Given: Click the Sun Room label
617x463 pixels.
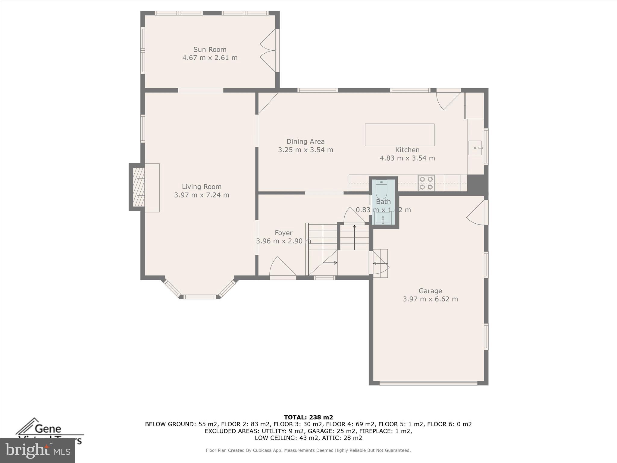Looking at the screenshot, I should [x=210, y=49].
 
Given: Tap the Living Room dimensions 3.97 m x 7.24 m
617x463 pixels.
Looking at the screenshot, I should [x=202, y=195].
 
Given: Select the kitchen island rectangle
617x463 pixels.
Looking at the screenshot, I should [x=399, y=135].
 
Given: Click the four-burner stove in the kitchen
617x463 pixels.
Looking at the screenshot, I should [x=426, y=183].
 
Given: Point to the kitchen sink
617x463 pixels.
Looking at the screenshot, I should [x=475, y=148].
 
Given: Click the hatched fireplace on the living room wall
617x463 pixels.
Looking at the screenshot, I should [x=139, y=187].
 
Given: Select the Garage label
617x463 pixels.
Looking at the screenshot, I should [x=430, y=291].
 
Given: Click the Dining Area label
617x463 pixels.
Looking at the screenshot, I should [x=305, y=141].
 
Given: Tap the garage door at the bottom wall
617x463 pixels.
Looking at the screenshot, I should [x=428, y=383].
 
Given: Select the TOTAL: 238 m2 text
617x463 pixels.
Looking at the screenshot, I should [x=308, y=417].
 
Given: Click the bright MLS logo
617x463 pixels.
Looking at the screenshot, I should [x=38, y=450].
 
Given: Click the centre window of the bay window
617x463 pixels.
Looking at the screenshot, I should [x=200, y=297].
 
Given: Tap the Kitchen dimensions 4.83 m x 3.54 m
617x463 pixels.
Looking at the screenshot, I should [x=407, y=158].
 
